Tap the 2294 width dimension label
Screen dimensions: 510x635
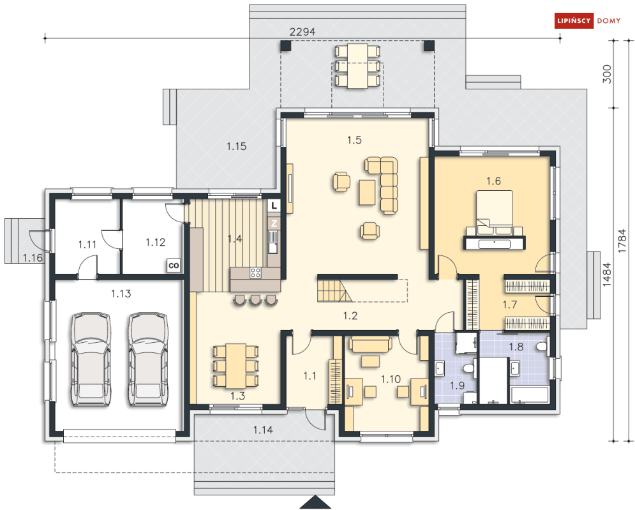tap(303, 31)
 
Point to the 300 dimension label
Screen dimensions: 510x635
tap(607, 74)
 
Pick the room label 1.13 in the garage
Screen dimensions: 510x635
tap(121, 294)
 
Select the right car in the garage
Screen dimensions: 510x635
tap(147, 358)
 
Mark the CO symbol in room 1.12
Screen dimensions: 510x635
tap(173, 264)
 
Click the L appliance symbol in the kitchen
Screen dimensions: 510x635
tap(273, 206)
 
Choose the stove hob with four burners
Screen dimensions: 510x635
tap(255, 273)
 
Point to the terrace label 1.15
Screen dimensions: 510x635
tap(236, 146)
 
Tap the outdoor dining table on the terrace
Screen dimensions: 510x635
tap(356, 66)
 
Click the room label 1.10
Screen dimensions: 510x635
tap(390, 379)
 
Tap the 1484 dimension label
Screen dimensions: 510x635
tap(607, 275)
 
